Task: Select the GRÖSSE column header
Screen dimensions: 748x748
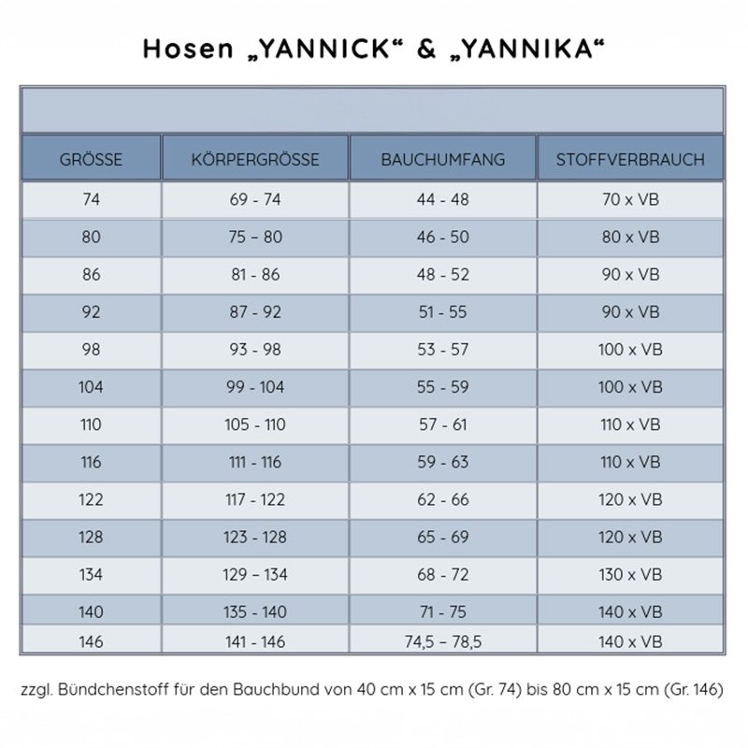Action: click(x=91, y=160)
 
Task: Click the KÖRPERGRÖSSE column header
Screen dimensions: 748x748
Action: click(x=255, y=160)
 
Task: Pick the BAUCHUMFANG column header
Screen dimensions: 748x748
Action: click(x=443, y=160)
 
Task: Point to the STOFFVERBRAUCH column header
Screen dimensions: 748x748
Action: click(x=630, y=160)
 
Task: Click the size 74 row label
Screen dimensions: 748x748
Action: click(x=91, y=200)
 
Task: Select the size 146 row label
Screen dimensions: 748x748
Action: click(x=91, y=641)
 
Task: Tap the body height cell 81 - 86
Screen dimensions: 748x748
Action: click(x=255, y=275)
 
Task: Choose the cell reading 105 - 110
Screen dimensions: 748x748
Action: click(x=255, y=424)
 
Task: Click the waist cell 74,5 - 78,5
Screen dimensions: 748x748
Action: click(x=443, y=641)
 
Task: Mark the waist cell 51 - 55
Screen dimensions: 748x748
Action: click(x=443, y=312)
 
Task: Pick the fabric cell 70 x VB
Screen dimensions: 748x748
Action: click(x=630, y=200)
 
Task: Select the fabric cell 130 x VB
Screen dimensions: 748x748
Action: click(x=630, y=574)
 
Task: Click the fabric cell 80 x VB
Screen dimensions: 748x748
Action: click(x=630, y=237)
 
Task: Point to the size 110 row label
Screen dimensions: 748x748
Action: click(x=91, y=424)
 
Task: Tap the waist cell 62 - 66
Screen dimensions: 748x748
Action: click(x=443, y=499)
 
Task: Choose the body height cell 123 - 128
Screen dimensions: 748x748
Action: click(x=255, y=537)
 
